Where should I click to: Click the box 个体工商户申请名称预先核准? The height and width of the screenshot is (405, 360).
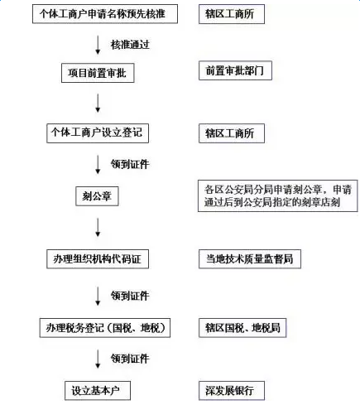click(105, 14)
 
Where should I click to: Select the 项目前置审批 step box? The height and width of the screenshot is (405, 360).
click(98, 73)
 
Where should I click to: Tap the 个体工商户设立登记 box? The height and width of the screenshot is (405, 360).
click(98, 133)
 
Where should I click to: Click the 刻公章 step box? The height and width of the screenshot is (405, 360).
click(97, 196)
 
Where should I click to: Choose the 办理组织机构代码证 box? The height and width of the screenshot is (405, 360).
click(98, 259)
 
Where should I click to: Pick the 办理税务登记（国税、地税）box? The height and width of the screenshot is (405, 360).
click(105, 328)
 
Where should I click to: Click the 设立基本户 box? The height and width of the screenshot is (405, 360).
click(98, 391)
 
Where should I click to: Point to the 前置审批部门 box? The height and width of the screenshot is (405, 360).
click(235, 70)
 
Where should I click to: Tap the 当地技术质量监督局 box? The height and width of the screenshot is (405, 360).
click(250, 259)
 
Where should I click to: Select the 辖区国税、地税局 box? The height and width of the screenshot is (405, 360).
click(242, 328)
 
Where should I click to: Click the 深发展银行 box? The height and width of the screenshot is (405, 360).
click(232, 391)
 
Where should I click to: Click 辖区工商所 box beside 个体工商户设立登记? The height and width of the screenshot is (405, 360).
click(232, 133)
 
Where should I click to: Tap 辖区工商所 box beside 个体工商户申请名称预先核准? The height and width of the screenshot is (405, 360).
click(232, 14)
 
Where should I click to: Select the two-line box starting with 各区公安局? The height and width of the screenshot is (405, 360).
click(278, 196)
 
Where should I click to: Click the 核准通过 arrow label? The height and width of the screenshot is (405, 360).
click(130, 45)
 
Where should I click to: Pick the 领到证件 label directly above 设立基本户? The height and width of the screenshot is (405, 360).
click(130, 359)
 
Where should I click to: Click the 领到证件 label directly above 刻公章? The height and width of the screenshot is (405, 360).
click(130, 164)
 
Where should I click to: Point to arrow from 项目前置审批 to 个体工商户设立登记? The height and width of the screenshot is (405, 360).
click(98, 103)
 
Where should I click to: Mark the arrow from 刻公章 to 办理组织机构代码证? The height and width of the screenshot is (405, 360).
click(98, 227)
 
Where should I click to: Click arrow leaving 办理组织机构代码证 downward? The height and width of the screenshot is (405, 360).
click(98, 296)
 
